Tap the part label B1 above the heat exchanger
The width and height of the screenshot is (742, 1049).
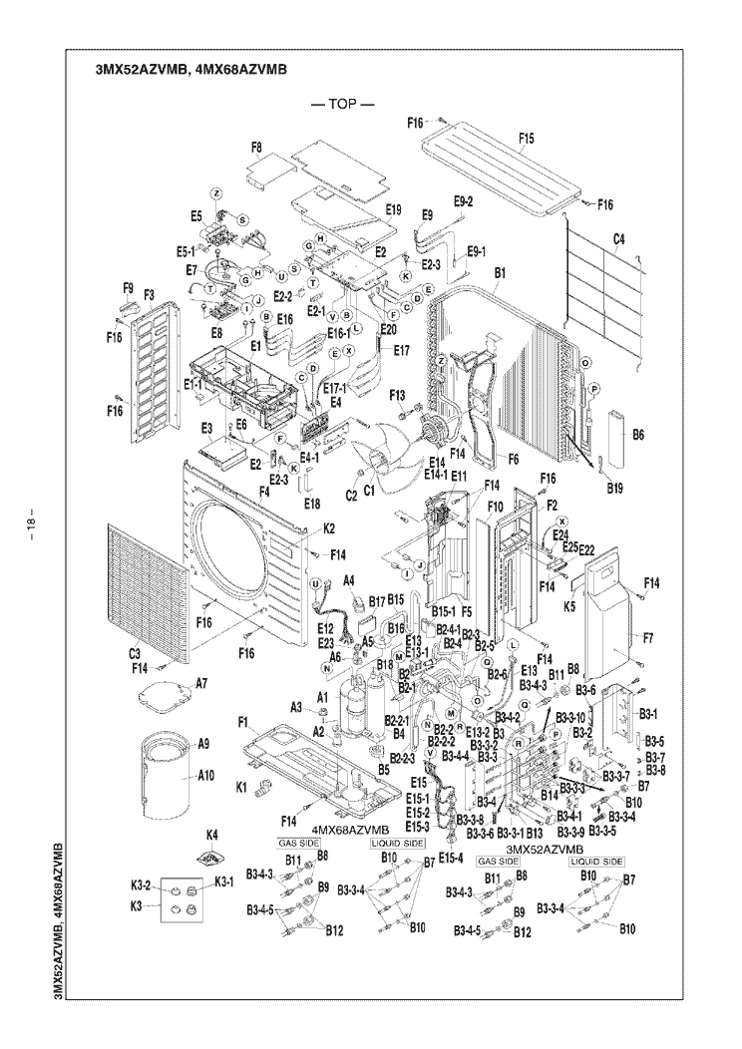501,271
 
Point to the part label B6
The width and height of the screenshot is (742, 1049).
638,434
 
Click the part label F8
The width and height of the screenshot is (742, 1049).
256,148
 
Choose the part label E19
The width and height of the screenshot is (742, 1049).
392,210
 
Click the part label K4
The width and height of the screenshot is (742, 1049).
211,834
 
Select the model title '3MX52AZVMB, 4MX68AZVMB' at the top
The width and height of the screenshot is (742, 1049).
189,69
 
